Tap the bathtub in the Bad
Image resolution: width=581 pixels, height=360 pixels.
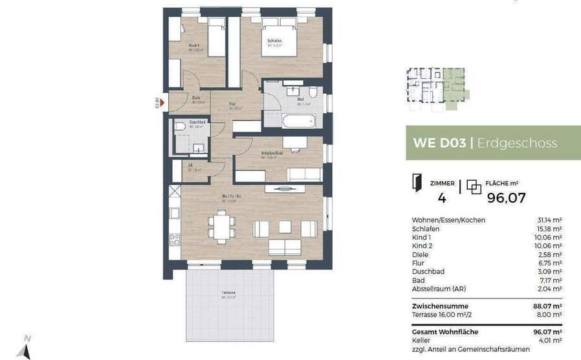tap(289, 120)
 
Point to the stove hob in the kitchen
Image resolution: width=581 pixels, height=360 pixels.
tap(174, 239)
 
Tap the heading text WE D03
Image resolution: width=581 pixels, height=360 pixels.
tap(439, 142)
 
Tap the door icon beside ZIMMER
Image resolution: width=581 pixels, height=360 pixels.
tap(417, 183)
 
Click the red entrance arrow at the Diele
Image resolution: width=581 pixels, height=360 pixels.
tap(162, 101)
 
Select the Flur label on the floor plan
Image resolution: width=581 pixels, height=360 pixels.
tap(232, 104)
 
